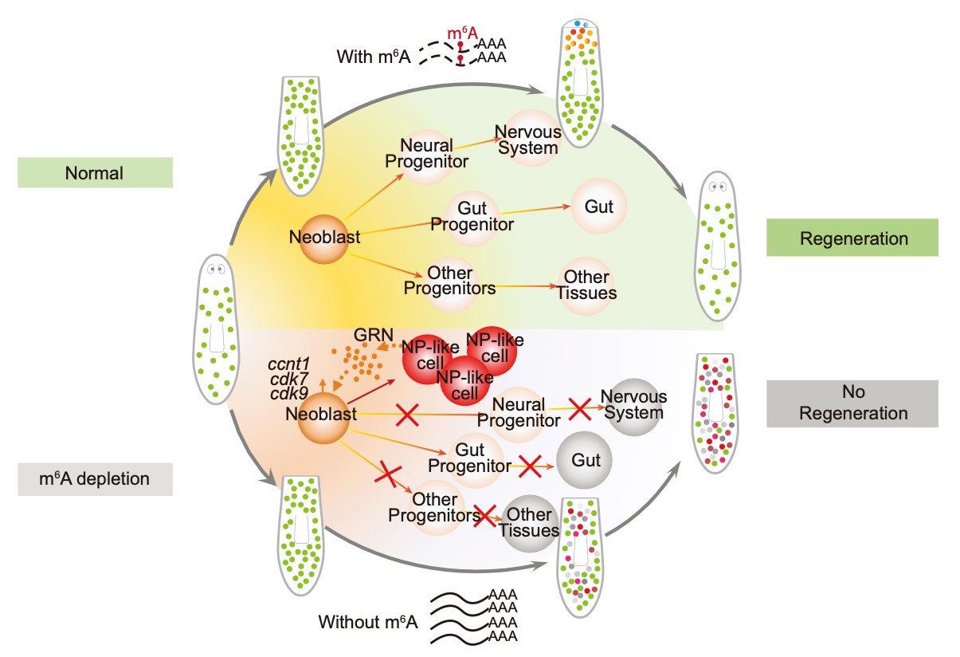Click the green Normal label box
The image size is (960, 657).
click(x=95, y=173)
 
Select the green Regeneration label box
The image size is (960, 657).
click(x=853, y=238)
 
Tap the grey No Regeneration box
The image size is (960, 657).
click(x=853, y=403)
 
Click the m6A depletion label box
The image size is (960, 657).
click(x=95, y=479)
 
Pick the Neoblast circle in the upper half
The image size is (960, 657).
click(x=323, y=238)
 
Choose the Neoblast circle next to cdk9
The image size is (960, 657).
click(x=323, y=415)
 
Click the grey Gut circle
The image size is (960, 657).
click(x=584, y=461)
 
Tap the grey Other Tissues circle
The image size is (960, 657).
click(x=529, y=523)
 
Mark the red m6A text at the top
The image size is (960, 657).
click(x=463, y=33)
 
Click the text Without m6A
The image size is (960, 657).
click(x=368, y=621)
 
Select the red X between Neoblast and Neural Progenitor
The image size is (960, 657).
click(x=408, y=414)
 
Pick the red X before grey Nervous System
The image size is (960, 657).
click(x=579, y=408)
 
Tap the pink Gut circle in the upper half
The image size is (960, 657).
click(x=599, y=207)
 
